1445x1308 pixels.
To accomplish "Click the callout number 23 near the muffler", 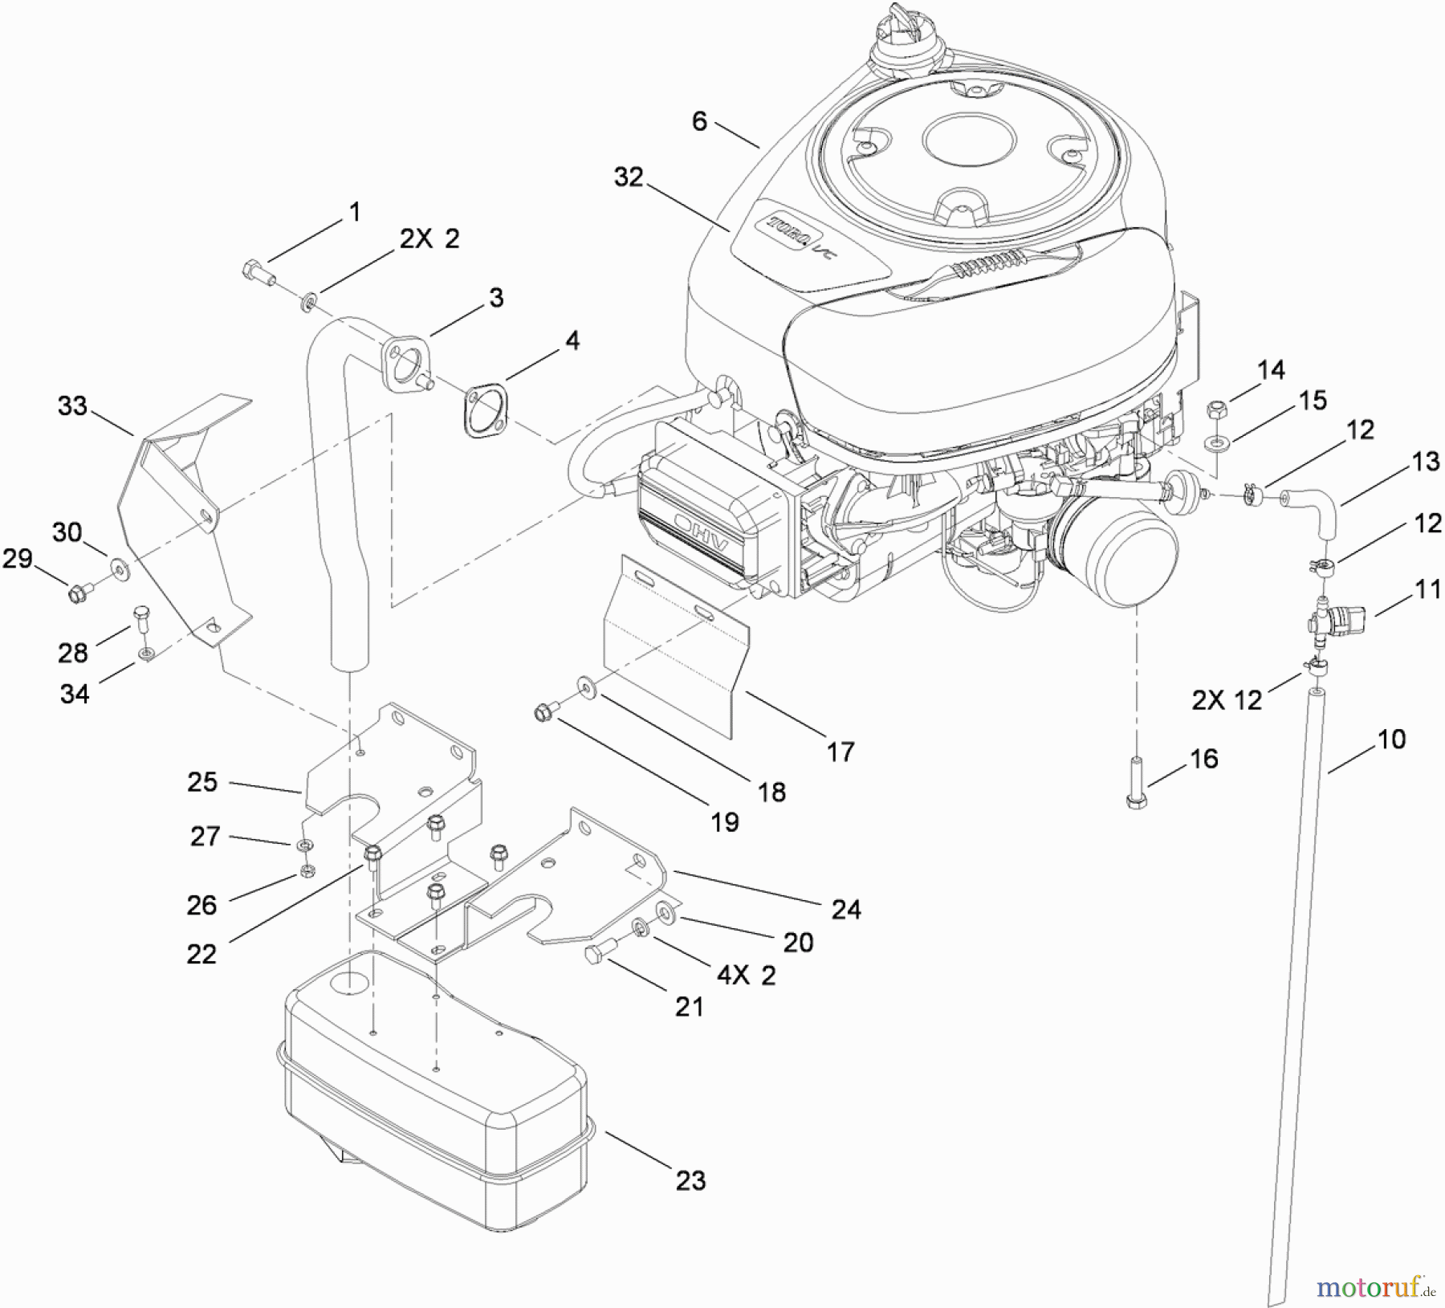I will [x=690, y=1180].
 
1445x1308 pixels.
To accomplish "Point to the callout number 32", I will [x=629, y=177].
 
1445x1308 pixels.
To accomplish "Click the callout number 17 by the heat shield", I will [x=841, y=752].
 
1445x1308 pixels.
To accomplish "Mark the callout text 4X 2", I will [x=747, y=975].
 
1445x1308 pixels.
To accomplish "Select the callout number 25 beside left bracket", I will [x=202, y=781].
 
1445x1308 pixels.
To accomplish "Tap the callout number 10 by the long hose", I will [x=1391, y=739].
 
